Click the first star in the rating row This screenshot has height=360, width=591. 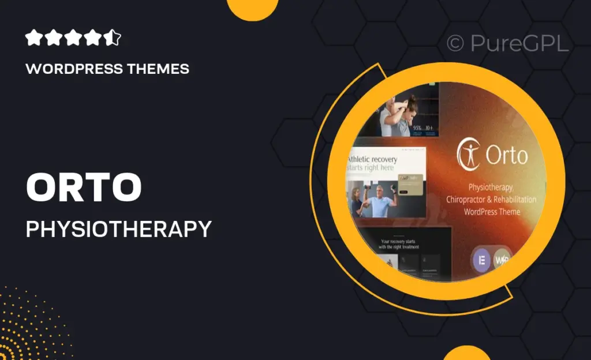pyautogui.click(x=33, y=39)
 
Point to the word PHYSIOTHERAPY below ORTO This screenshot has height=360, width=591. pyautogui.click(x=118, y=230)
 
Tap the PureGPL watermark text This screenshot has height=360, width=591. pyautogui.click(x=516, y=43)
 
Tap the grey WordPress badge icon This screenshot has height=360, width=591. pyautogui.click(x=501, y=260)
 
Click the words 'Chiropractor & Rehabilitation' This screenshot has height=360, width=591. pyautogui.click(x=491, y=200)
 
